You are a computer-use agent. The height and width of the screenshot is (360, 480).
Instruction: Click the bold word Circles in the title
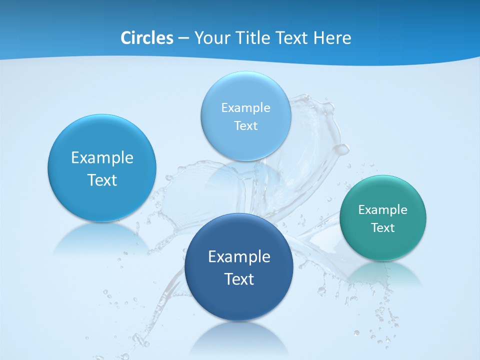pyautogui.click(x=147, y=38)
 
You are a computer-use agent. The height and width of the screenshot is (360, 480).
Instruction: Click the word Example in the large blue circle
pyautogui.click(x=102, y=158)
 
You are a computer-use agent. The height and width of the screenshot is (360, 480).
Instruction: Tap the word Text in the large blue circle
pyautogui.click(x=102, y=180)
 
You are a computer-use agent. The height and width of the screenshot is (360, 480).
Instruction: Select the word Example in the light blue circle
pyautogui.click(x=245, y=107)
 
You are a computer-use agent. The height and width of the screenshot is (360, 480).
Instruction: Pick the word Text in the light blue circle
pyautogui.click(x=245, y=125)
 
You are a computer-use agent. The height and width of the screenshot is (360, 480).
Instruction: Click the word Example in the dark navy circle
pyautogui.click(x=239, y=257)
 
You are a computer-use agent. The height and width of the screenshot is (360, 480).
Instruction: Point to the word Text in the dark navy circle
pyautogui.click(x=239, y=279)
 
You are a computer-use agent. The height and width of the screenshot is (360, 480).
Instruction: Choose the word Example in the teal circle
pyautogui.click(x=382, y=209)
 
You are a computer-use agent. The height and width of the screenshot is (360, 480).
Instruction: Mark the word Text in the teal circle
pyautogui.click(x=382, y=227)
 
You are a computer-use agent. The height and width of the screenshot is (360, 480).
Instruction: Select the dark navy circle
pyautogui.click(x=239, y=300)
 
